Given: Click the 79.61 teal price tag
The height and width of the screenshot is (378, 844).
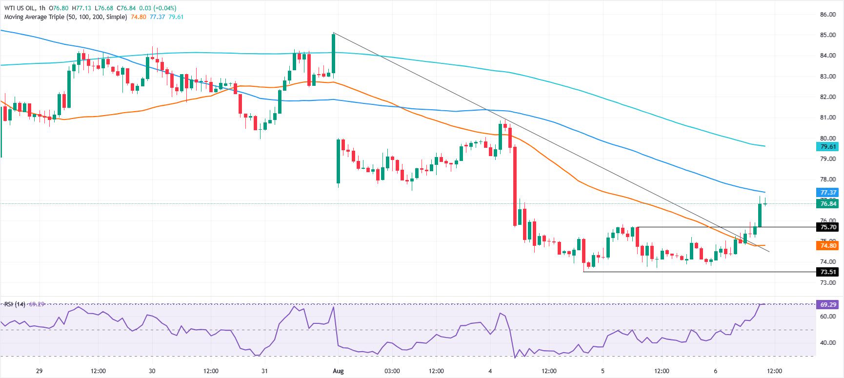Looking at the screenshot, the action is tap(828, 147).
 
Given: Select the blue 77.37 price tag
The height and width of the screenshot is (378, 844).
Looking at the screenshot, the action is tap(828, 193).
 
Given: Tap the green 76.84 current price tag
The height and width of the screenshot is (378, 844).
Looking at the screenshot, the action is tap(828, 204).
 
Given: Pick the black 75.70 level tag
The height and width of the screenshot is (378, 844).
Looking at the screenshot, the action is tap(828, 227).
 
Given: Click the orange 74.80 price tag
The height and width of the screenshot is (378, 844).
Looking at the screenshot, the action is tap(828, 246).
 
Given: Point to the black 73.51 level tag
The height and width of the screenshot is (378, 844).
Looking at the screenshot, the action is tap(828, 272).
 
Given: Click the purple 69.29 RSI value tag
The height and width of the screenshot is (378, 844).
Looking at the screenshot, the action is tap(828, 305).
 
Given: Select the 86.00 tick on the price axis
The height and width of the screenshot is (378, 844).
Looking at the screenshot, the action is tap(828, 15).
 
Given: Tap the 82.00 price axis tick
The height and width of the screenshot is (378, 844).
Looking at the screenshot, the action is tap(828, 97).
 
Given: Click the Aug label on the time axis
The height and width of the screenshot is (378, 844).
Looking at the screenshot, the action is tap(338, 371).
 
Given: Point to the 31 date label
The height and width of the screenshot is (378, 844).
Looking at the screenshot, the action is tap(264, 371).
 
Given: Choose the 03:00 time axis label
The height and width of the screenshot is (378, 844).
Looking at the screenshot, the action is tap(392, 371).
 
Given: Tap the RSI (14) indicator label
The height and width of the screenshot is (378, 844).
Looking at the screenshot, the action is tap(14, 304).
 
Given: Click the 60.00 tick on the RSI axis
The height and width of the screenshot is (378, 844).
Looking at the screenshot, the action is tap(828, 317).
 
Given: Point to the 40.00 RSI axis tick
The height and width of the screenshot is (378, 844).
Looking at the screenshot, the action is tap(828, 343).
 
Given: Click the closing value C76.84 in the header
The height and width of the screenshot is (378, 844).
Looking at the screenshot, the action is tap(127, 8).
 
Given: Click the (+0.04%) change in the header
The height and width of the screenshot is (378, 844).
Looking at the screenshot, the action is tap(165, 8).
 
